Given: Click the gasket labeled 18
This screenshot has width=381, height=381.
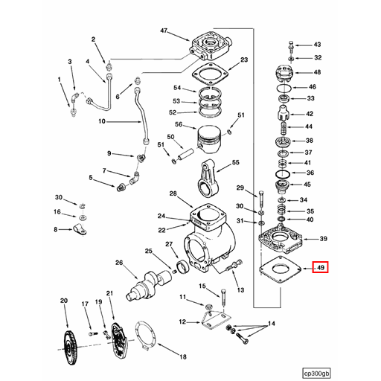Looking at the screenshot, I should pos(148,338).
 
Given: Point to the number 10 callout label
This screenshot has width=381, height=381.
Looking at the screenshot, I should pos(103,121).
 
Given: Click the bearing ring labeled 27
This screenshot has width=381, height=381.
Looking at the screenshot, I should pos(181,268).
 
